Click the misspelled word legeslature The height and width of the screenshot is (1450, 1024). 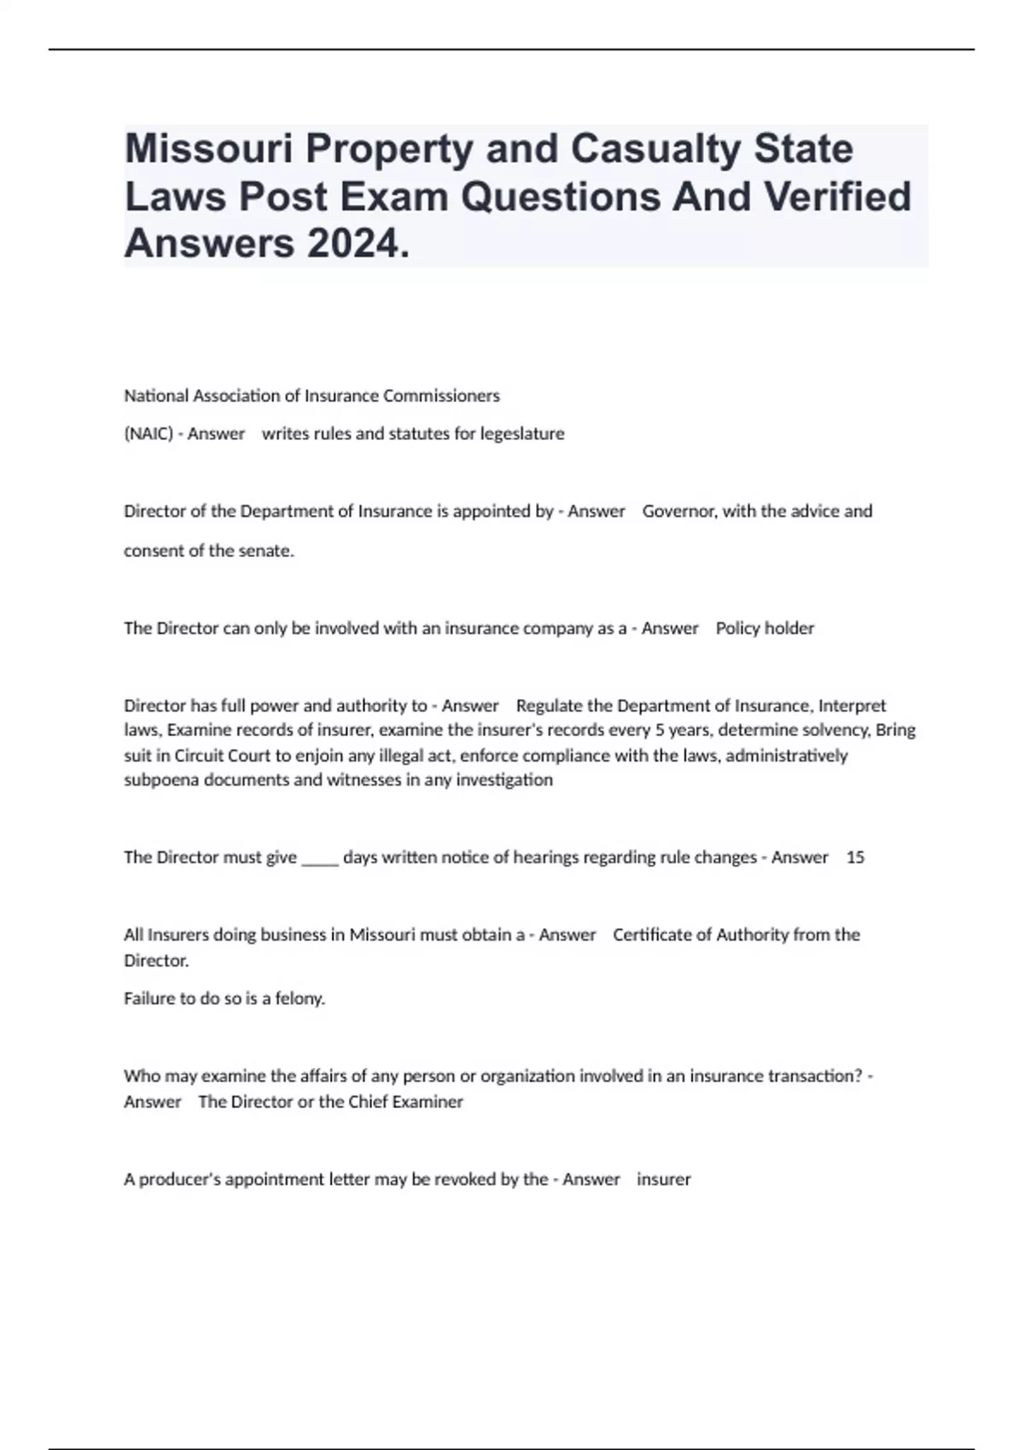point(522,433)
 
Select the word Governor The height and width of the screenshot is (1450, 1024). point(679,511)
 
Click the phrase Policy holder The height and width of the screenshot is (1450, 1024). point(765,628)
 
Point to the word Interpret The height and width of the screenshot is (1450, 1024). point(852,705)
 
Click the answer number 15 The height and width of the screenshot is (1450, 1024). point(855,857)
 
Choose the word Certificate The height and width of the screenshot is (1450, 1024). point(653,934)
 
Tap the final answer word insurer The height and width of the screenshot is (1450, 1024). point(664,1179)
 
